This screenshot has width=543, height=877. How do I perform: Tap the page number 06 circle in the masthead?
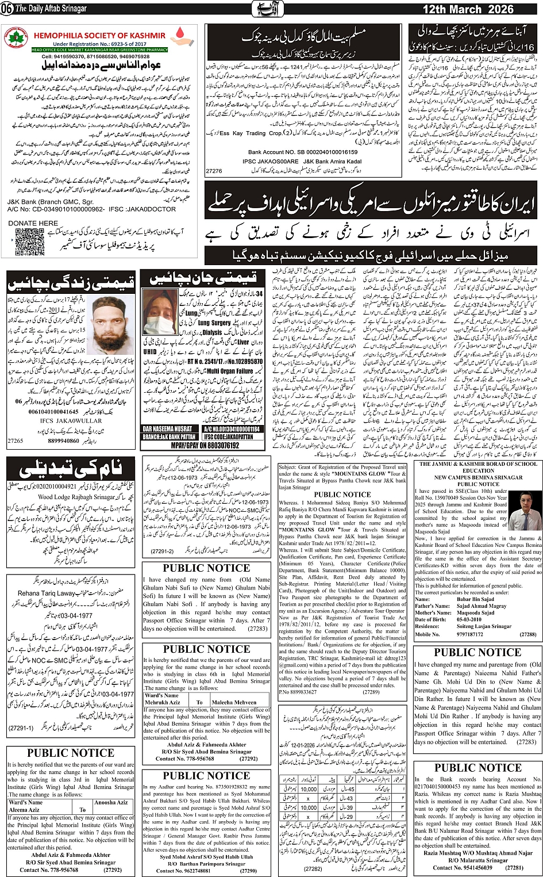tap(7, 9)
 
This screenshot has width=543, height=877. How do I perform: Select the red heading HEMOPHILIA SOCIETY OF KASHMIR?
tap(99, 36)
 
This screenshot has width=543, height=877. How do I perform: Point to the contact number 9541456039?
tap(463, 867)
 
